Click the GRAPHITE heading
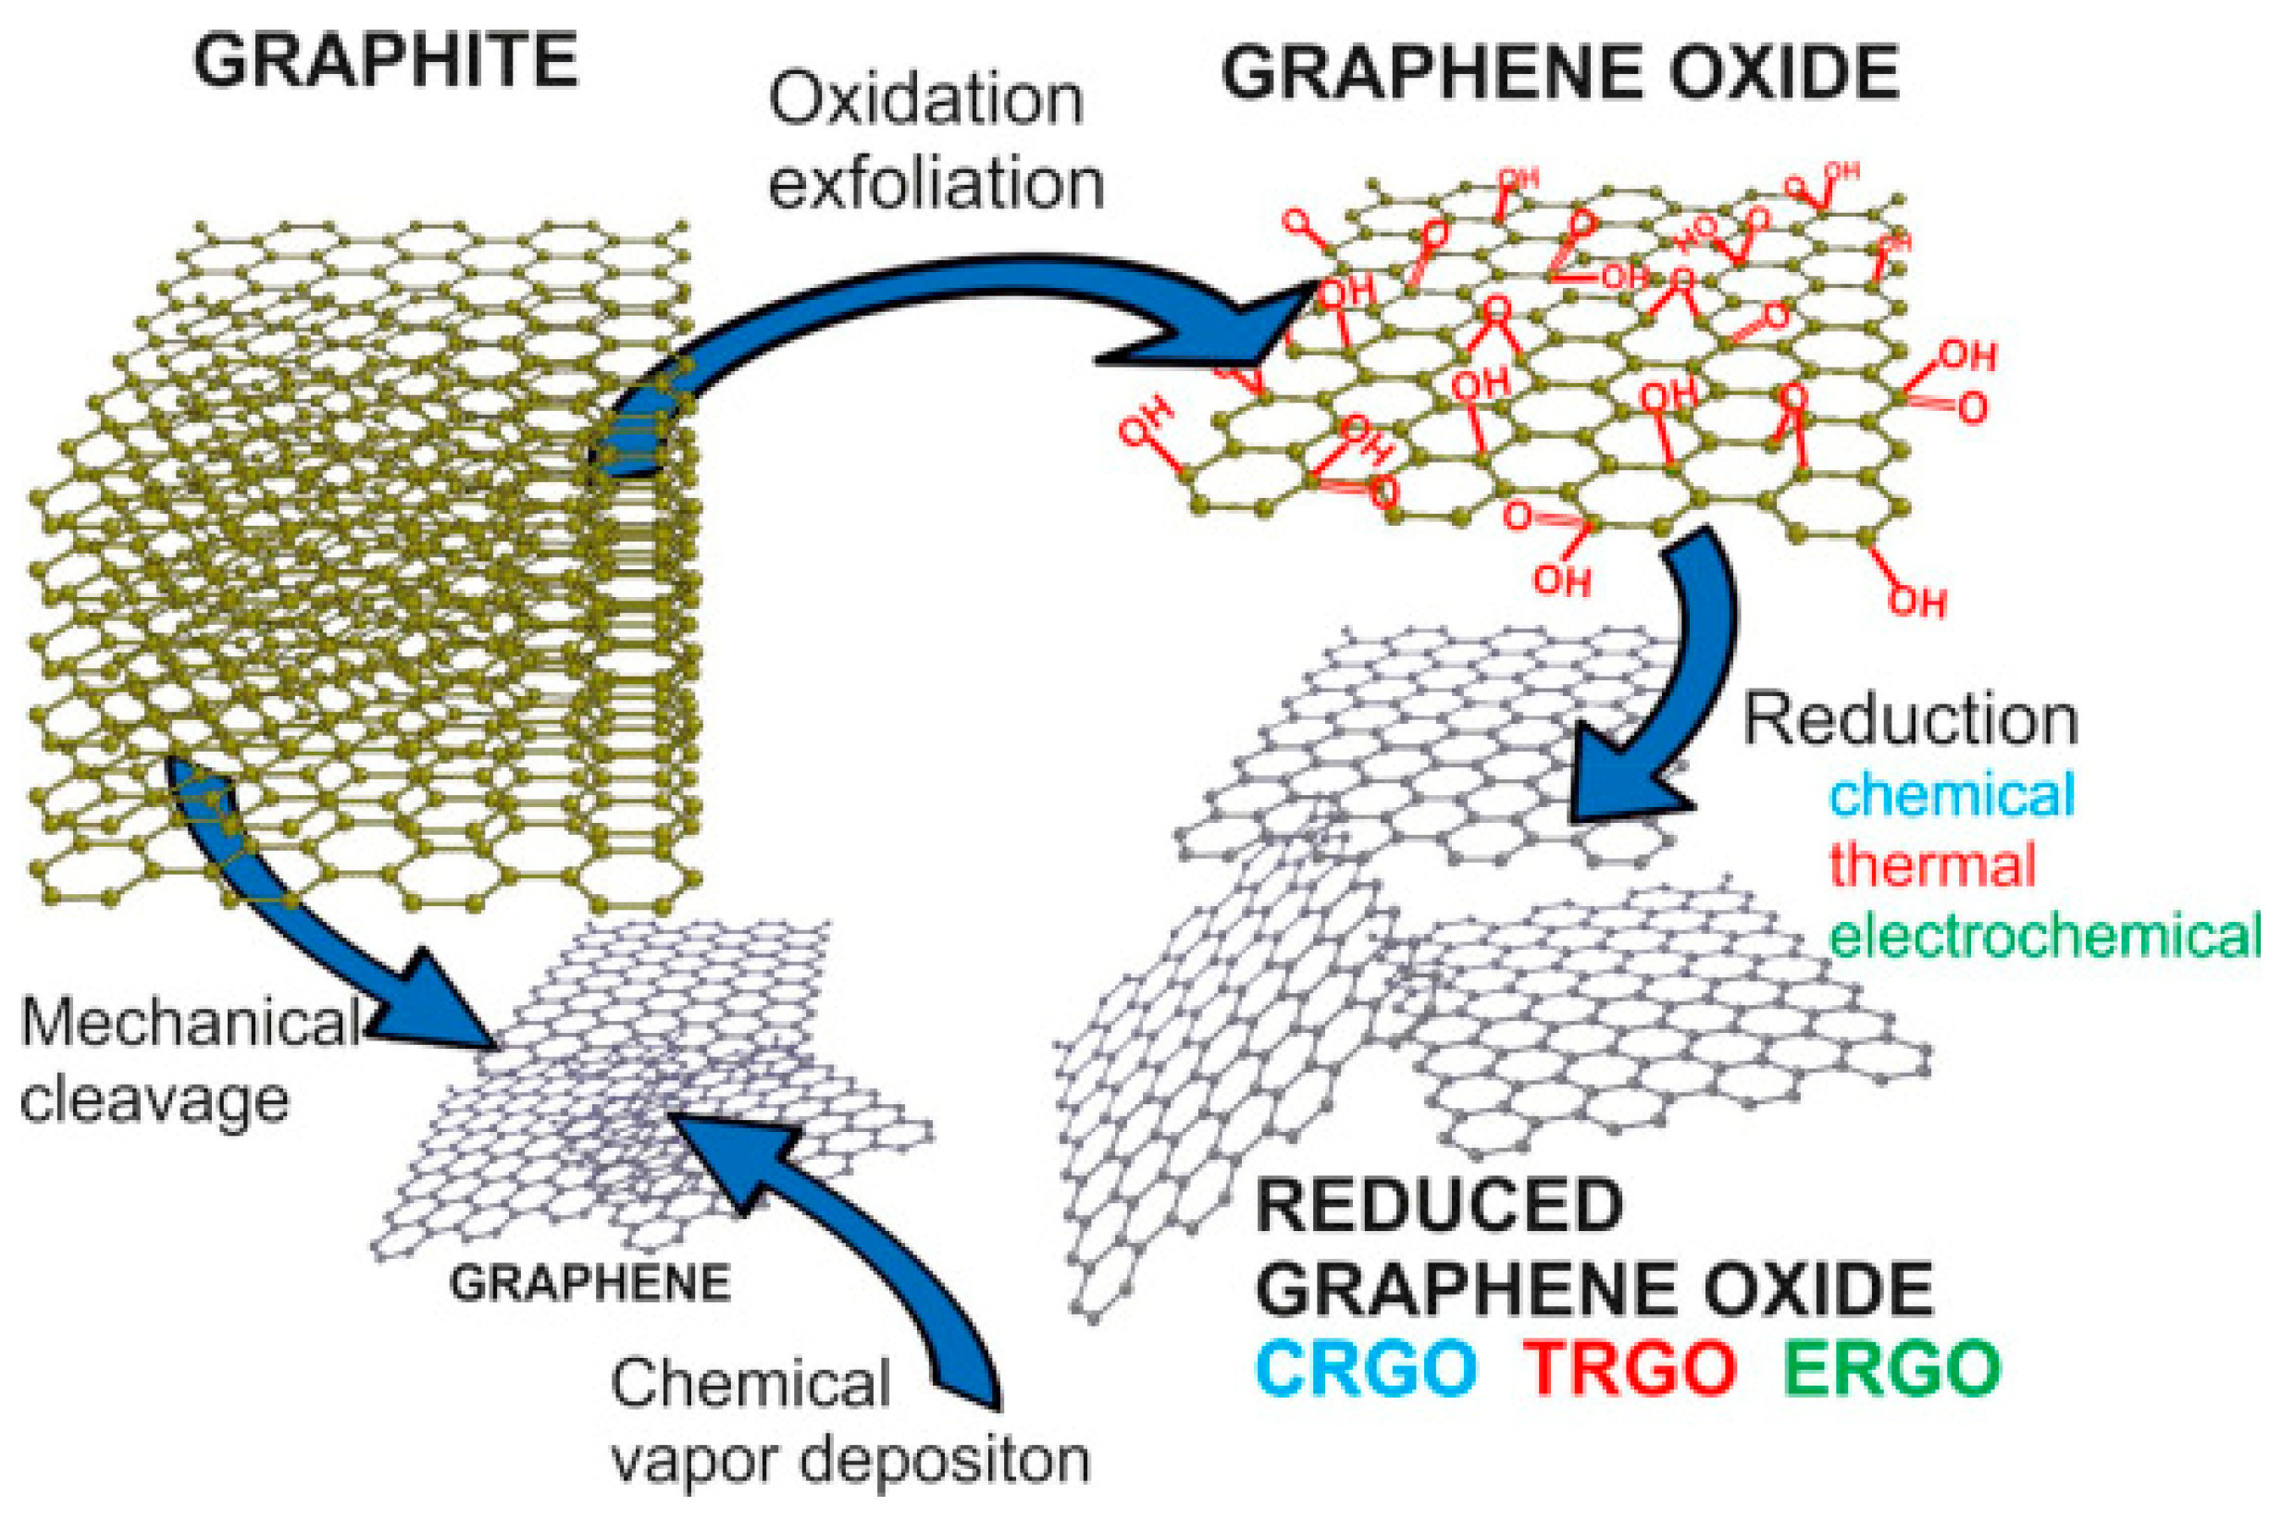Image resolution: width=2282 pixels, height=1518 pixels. click(x=385, y=60)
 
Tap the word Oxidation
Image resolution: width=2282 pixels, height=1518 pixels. click(x=926, y=101)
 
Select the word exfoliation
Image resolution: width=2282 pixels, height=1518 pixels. click(x=936, y=183)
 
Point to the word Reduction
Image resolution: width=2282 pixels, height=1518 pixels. click(x=1910, y=720)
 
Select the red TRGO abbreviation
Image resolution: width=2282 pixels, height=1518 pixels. click(x=1630, y=1369)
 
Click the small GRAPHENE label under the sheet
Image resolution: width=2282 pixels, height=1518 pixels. click(x=590, y=1284)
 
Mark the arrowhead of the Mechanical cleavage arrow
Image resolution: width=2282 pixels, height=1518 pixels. click(x=436, y=1007)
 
